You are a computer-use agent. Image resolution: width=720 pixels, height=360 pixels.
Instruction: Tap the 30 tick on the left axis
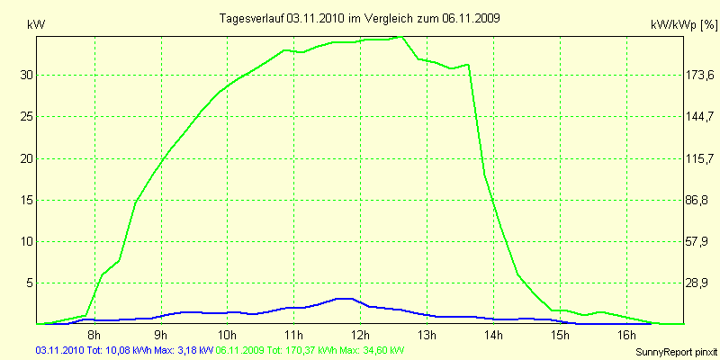coord(27,75)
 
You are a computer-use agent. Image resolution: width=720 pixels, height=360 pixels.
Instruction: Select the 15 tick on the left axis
coord(27,200)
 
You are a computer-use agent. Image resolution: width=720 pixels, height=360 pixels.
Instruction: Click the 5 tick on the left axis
coord(30,283)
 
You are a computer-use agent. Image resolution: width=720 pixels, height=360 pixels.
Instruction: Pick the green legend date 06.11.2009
coord(240,349)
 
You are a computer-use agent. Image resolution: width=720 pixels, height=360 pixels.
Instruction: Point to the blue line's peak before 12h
coord(342,298)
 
